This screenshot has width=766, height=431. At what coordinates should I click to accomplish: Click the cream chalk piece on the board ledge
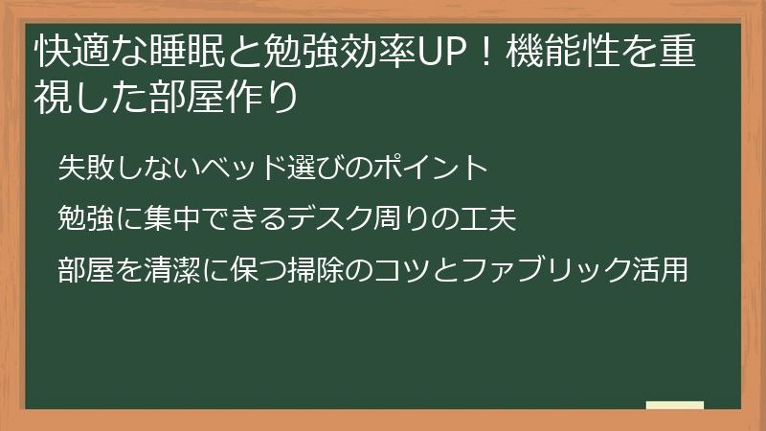[675, 406]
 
